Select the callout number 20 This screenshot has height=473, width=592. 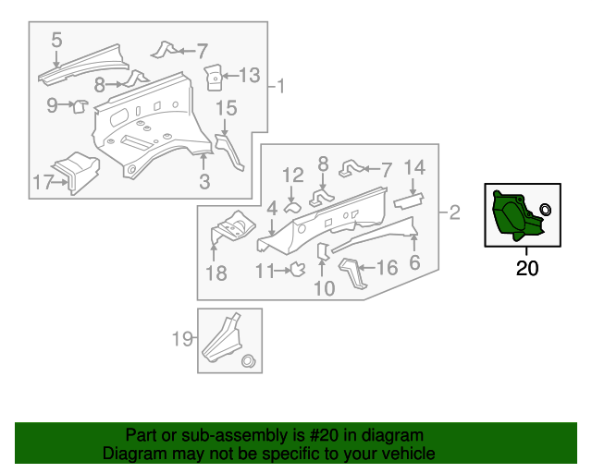click(526, 269)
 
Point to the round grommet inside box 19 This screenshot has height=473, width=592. click(247, 360)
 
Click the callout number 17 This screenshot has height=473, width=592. click(43, 182)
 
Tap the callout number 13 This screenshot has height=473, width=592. click(250, 75)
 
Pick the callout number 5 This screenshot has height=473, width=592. click(56, 40)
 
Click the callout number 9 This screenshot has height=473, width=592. click(52, 105)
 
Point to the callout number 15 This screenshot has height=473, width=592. click(227, 109)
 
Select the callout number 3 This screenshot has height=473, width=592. click(204, 182)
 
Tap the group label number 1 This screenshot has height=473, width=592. click(281, 88)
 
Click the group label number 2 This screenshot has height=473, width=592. click(453, 214)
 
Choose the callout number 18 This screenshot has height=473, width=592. click(216, 273)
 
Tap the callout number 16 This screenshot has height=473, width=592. click(387, 268)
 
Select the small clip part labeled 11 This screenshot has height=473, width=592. click(299, 270)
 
